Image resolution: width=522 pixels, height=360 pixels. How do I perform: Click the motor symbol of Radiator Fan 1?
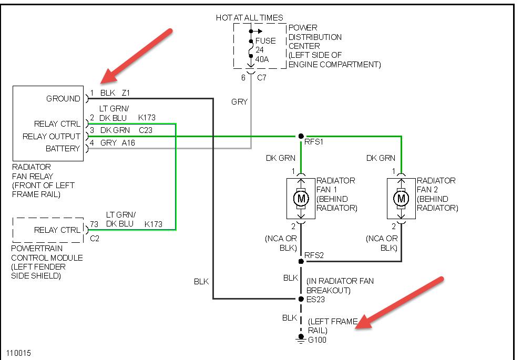pyautogui.click(x=301, y=199)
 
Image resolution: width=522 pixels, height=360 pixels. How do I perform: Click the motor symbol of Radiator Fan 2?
pyautogui.click(x=401, y=199)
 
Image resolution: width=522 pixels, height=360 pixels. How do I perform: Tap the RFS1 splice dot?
pyautogui.click(x=301, y=136)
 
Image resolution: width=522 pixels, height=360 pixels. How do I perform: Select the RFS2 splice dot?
pyautogui.click(x=301, y=261)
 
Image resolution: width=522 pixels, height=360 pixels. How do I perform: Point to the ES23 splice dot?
pyautogui.click(x=301, y=299)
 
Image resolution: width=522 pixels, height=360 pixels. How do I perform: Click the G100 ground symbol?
pyautogui.click(x=301, y=338)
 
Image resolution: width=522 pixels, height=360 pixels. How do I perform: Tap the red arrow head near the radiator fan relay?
pyautogui.click(x=109, y=76)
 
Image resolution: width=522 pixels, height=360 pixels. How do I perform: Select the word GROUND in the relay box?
pyautogui.click(x=63, y=98)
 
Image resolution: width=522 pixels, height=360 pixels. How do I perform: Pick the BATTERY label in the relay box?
pyautogui.click(x=63, y=148)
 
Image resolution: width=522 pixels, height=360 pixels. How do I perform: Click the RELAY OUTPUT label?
pyautogui.click(x=52, y=137)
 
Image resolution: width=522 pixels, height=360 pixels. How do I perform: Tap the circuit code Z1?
pyautogui.click(x=126, y=93)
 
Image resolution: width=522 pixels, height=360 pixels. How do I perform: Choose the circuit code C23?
pyautogui.click(x=146, y=130)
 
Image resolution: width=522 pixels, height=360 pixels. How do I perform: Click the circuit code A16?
pyautogui.click(x=128, y=143)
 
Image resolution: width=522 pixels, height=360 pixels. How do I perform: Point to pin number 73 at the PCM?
pyautogui.click(x=94, y=224)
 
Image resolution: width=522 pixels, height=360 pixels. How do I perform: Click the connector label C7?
pyautogui.click(x=262, y=78)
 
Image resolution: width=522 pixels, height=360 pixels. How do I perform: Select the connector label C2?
pyautogui.click(x=95, y=239)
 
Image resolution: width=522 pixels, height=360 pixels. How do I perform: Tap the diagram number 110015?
pyautogui.click(x=18, y=353)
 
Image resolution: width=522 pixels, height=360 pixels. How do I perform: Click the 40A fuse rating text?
pyautogui.click(x=262, y=59)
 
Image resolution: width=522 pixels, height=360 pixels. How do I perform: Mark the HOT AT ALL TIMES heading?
pyautogui.click(x=249, y=18)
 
